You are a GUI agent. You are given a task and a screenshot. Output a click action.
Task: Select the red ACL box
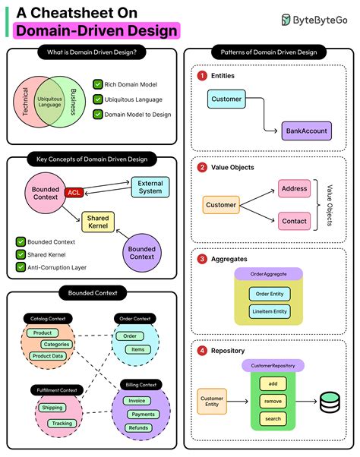point(74,192)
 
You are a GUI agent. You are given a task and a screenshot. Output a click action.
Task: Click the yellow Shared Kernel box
point(97,222)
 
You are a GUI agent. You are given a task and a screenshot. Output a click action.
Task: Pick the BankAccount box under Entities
point(306,131)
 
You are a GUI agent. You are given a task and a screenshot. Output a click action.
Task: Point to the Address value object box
point(293,188)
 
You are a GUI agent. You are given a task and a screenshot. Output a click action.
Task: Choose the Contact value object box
point(293,221)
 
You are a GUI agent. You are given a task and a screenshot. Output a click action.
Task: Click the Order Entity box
point(269,294)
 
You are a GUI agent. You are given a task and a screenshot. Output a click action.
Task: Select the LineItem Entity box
point(269,311)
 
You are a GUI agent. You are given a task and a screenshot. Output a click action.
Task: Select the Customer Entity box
point(212,401)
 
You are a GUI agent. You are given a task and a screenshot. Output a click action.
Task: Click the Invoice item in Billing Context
point(137,400)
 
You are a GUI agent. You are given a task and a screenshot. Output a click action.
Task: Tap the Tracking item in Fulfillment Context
point(62,423)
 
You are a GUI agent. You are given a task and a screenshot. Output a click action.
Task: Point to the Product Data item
point(47,355)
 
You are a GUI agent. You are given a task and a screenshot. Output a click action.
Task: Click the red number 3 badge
point(202,259)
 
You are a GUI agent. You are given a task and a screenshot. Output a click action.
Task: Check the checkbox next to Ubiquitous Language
point(97,99)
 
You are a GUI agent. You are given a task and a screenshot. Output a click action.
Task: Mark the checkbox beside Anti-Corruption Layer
point(21,266)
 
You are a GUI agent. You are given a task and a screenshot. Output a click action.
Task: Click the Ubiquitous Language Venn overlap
point(49,101)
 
